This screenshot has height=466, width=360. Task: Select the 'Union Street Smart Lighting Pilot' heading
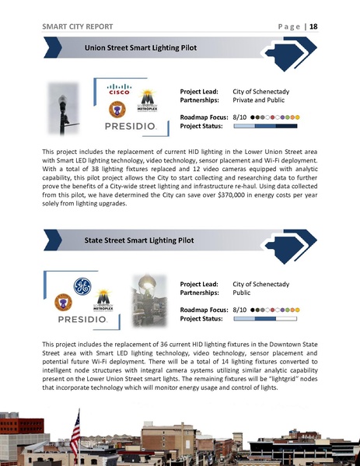coord(140,48)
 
